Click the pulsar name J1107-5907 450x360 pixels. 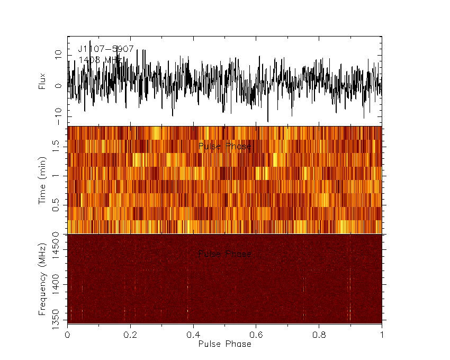[x=105, y=49]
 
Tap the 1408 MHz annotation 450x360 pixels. [x=101, y=60]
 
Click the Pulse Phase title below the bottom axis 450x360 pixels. [x=224, y=344]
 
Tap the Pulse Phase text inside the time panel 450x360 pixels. [x=224, y=146]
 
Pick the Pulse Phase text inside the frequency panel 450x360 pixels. [x=224, y=254]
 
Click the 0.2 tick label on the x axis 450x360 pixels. [x=130, y=335]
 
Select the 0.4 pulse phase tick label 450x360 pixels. [x=193, y=335]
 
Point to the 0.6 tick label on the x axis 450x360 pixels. [x=256, y=335]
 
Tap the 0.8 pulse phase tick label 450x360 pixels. [x=319, y=335]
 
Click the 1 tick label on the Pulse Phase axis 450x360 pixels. [x=382, y=335]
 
